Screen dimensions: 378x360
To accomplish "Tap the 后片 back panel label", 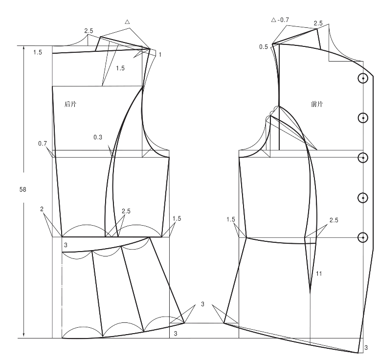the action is [71, 104].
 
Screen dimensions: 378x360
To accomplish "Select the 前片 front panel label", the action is [317, 104].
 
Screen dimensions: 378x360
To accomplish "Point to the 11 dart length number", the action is [319, 274].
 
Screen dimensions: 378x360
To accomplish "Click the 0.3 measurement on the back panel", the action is [98, 138].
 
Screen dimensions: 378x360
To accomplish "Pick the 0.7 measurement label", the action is [43, 144].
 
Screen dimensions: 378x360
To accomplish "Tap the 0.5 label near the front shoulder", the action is [264, 47].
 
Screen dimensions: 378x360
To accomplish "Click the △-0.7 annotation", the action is [280, 21].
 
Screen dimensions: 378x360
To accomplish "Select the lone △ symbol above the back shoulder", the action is [127, 22].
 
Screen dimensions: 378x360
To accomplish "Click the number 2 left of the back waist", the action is [42, 209].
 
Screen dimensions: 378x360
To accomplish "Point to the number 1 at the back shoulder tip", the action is [160, 55].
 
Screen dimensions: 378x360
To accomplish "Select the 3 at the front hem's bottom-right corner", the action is [366, 348].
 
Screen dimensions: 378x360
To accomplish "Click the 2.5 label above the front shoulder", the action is [318, 23].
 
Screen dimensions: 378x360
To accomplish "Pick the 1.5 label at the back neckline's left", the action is [38, 52].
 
